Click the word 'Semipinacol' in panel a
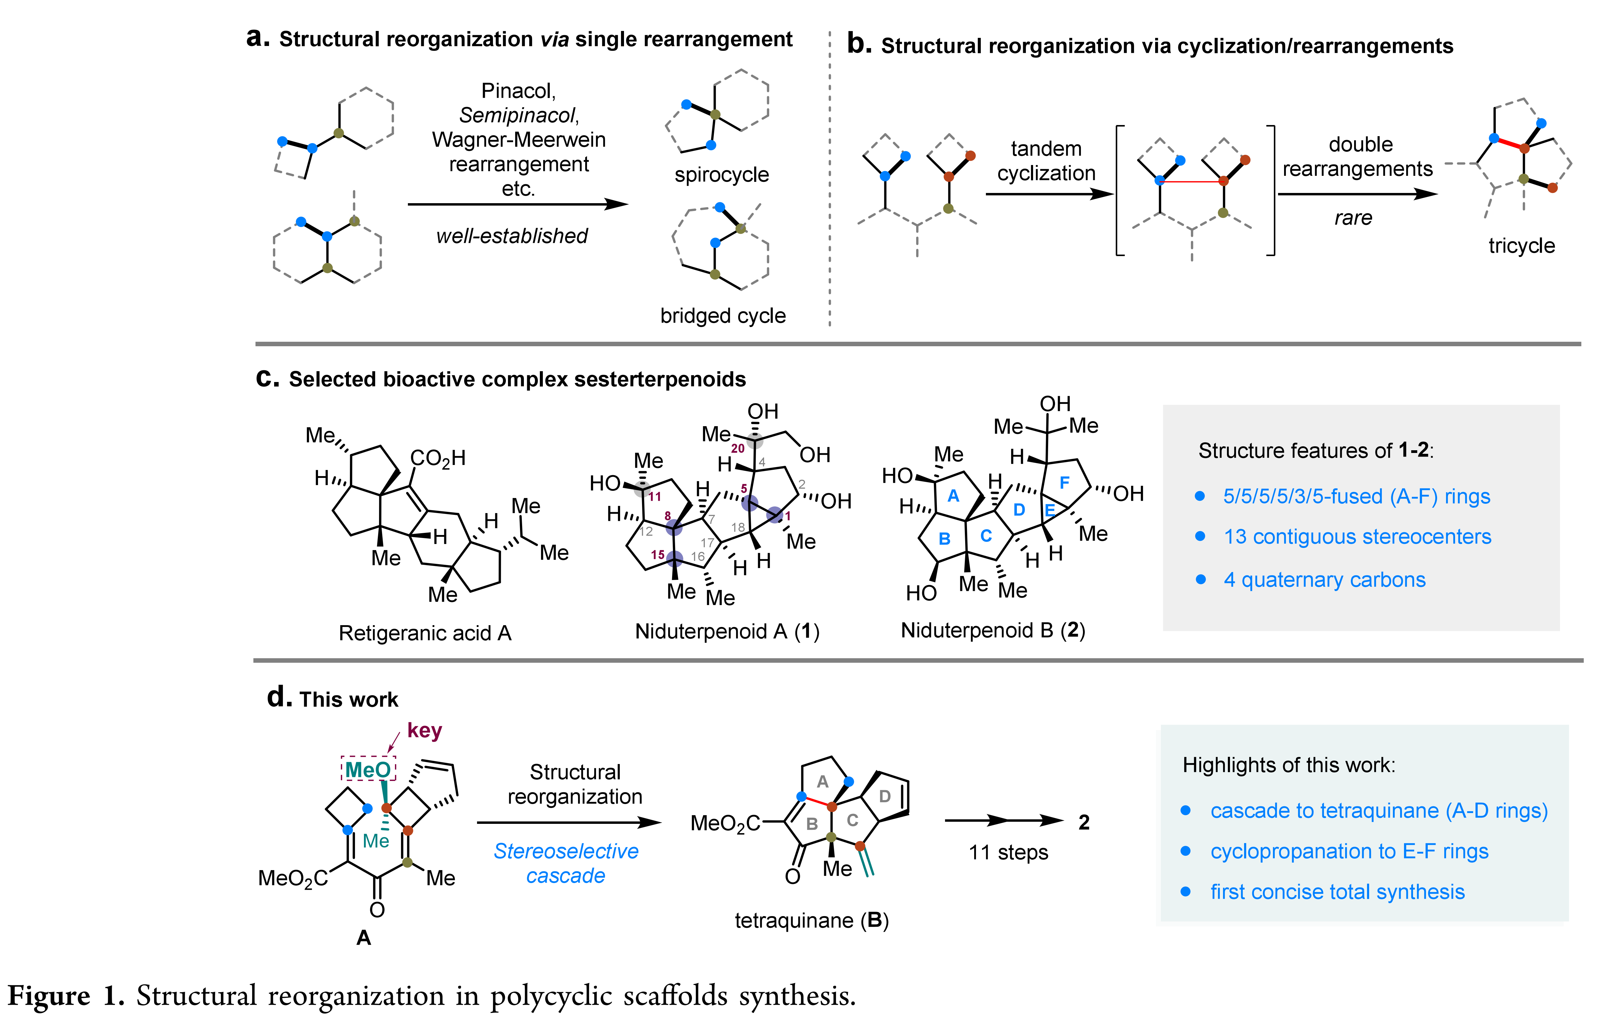pos(518,115)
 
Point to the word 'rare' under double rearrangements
pos(1353,218)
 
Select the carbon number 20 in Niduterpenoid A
pos(738,448)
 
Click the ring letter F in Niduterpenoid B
pos(1064,483)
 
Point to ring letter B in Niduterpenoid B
pos(945,539)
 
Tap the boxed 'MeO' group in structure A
pos(368,770)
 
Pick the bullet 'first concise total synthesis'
pos(1337,892)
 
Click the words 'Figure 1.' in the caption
pos(66,996)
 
